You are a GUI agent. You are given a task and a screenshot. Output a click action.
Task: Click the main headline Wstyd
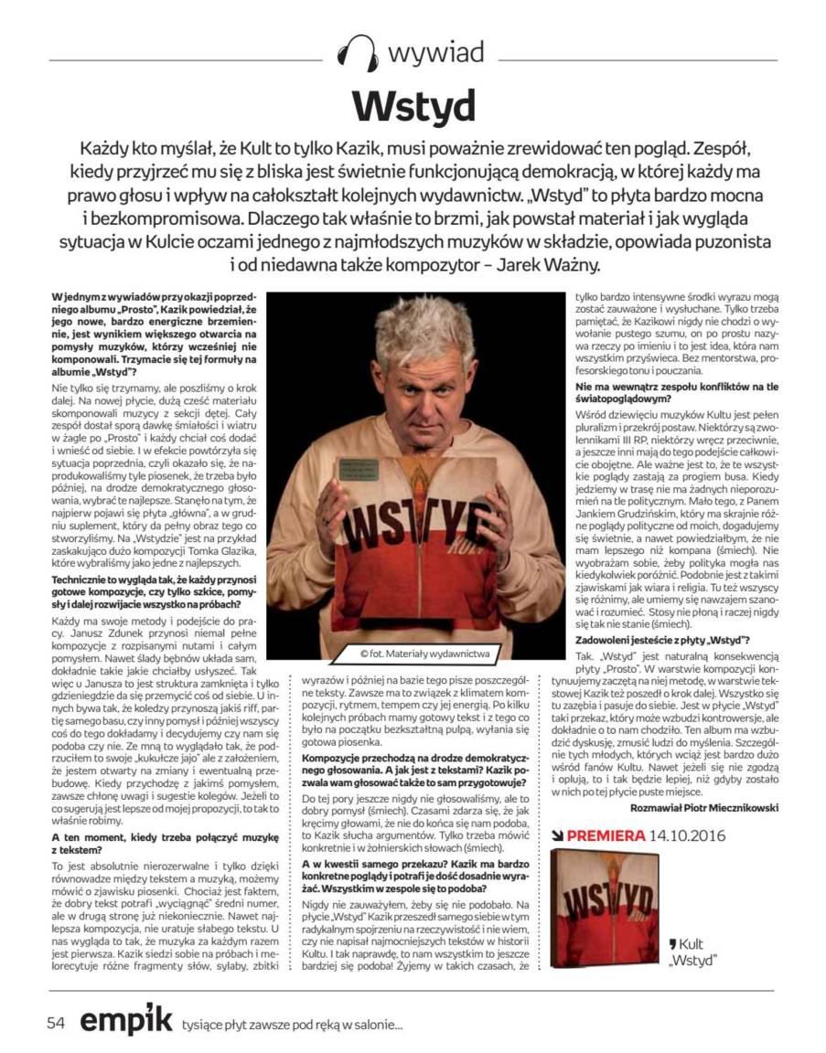[413, 106]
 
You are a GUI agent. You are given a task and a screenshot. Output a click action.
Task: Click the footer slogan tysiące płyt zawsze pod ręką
[292, 1026]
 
